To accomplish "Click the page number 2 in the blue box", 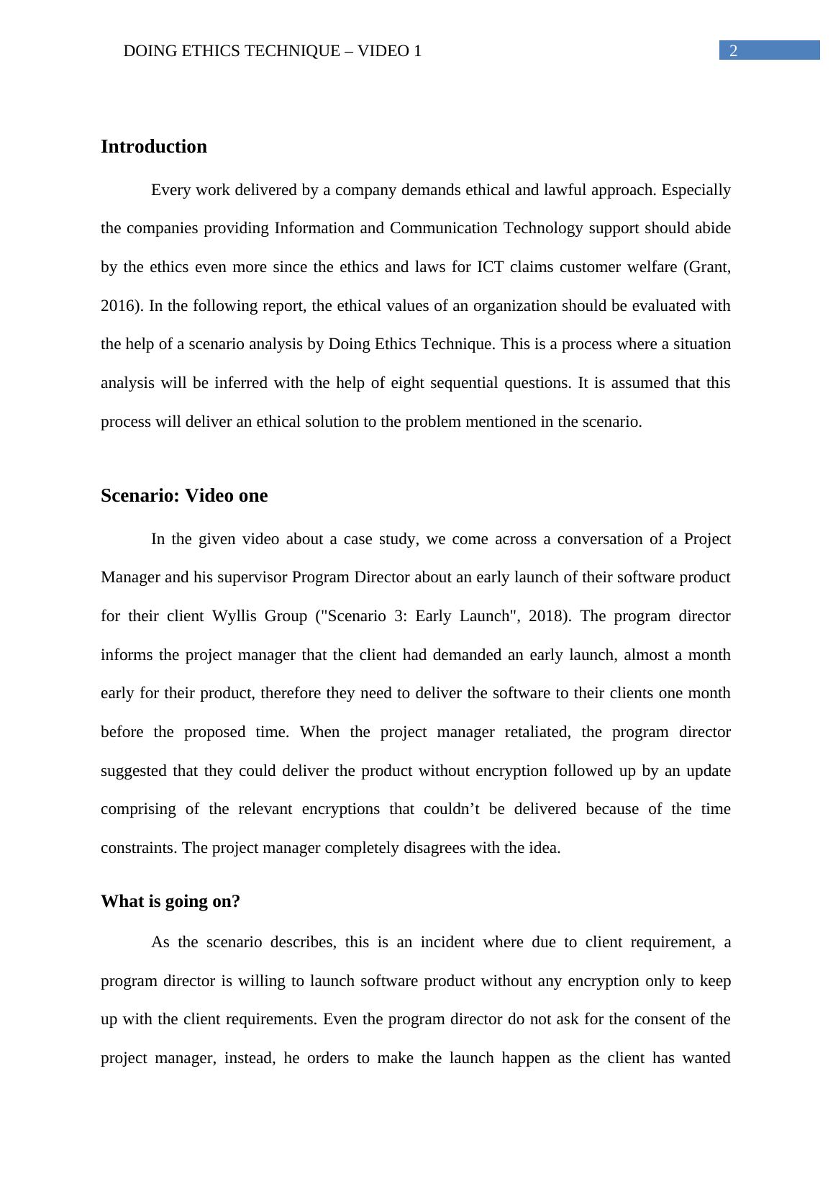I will [x=734, y=50].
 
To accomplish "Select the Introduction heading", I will [x=154, y=147].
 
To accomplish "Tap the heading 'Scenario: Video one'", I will [x=184, y=496].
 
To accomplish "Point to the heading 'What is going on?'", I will [x=170, y=901].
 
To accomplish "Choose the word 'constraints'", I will [x=139, y=848].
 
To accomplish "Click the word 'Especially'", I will [x=696, y=190].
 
